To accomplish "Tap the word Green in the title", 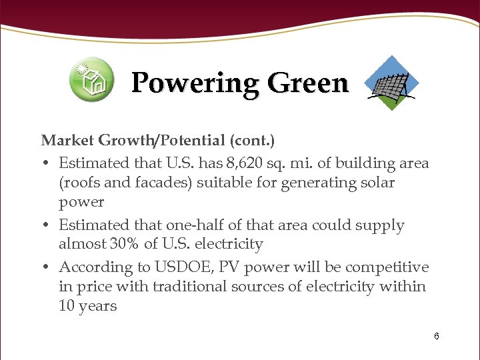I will pyautogui.click(x=307, y=84).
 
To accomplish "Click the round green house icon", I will pyautogui.click(x=92, y=80).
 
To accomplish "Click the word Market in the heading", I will pyautogui.click(x=68, y=141).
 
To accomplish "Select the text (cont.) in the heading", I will pyautogui.click(x=252, y=141).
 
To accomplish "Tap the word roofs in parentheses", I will pyautogui.click(x=84, y=182).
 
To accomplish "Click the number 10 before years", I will pyautogui.click(x=67, y=307).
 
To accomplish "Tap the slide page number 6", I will pyautogui.click(x=436, y=336).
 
